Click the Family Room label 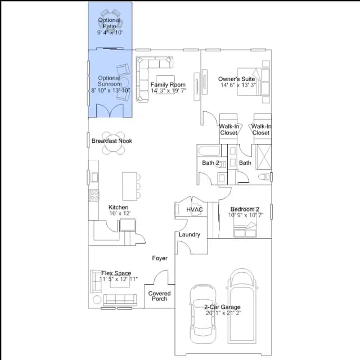168,85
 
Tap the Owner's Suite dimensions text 238,85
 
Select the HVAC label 195,209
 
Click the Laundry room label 190,235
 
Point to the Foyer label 160,258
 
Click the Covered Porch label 159,296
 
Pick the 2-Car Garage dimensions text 223,313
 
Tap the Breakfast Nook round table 114,143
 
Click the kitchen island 130,186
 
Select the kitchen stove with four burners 94,195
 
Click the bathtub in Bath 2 209,151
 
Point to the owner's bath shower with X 264,157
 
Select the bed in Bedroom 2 245,229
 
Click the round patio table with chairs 111,22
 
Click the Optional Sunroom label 110,81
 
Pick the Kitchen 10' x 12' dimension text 120,213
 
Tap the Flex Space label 116,273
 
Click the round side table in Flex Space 97,300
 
